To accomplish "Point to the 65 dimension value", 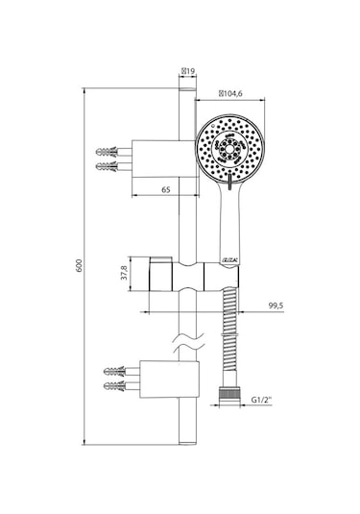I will pyautogui.click(x=166, y=191).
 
